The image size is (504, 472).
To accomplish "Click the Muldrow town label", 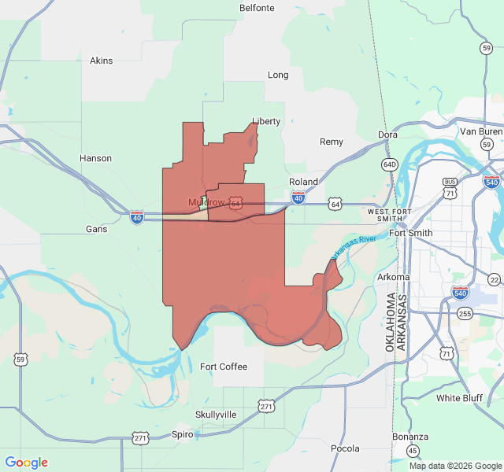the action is (206, 203).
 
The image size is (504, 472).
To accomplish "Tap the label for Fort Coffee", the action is (223, 367).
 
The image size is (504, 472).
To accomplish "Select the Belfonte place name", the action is (257, 8).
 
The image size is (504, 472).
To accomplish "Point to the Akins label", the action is (101, 61).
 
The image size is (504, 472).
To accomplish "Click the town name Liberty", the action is (266, 121).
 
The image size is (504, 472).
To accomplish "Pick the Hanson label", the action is (95, 158).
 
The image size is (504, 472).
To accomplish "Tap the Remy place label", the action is (331, 142).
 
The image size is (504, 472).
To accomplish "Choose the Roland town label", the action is (303, 182).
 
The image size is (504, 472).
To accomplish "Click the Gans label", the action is (96, 229).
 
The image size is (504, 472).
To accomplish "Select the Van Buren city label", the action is (480, 131).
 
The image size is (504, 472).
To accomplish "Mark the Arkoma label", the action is (393, 277).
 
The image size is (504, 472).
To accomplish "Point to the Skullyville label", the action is (215, 414).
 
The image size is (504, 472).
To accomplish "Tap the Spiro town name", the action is (182, 434).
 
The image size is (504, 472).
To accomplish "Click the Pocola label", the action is (345, 448).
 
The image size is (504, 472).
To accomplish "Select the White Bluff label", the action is (459, 398).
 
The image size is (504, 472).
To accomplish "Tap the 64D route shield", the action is (389, 164).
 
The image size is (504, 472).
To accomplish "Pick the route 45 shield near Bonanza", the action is (413, 451).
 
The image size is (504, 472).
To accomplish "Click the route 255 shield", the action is (465, 314).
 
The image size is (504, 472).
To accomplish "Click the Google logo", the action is (27, 463).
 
